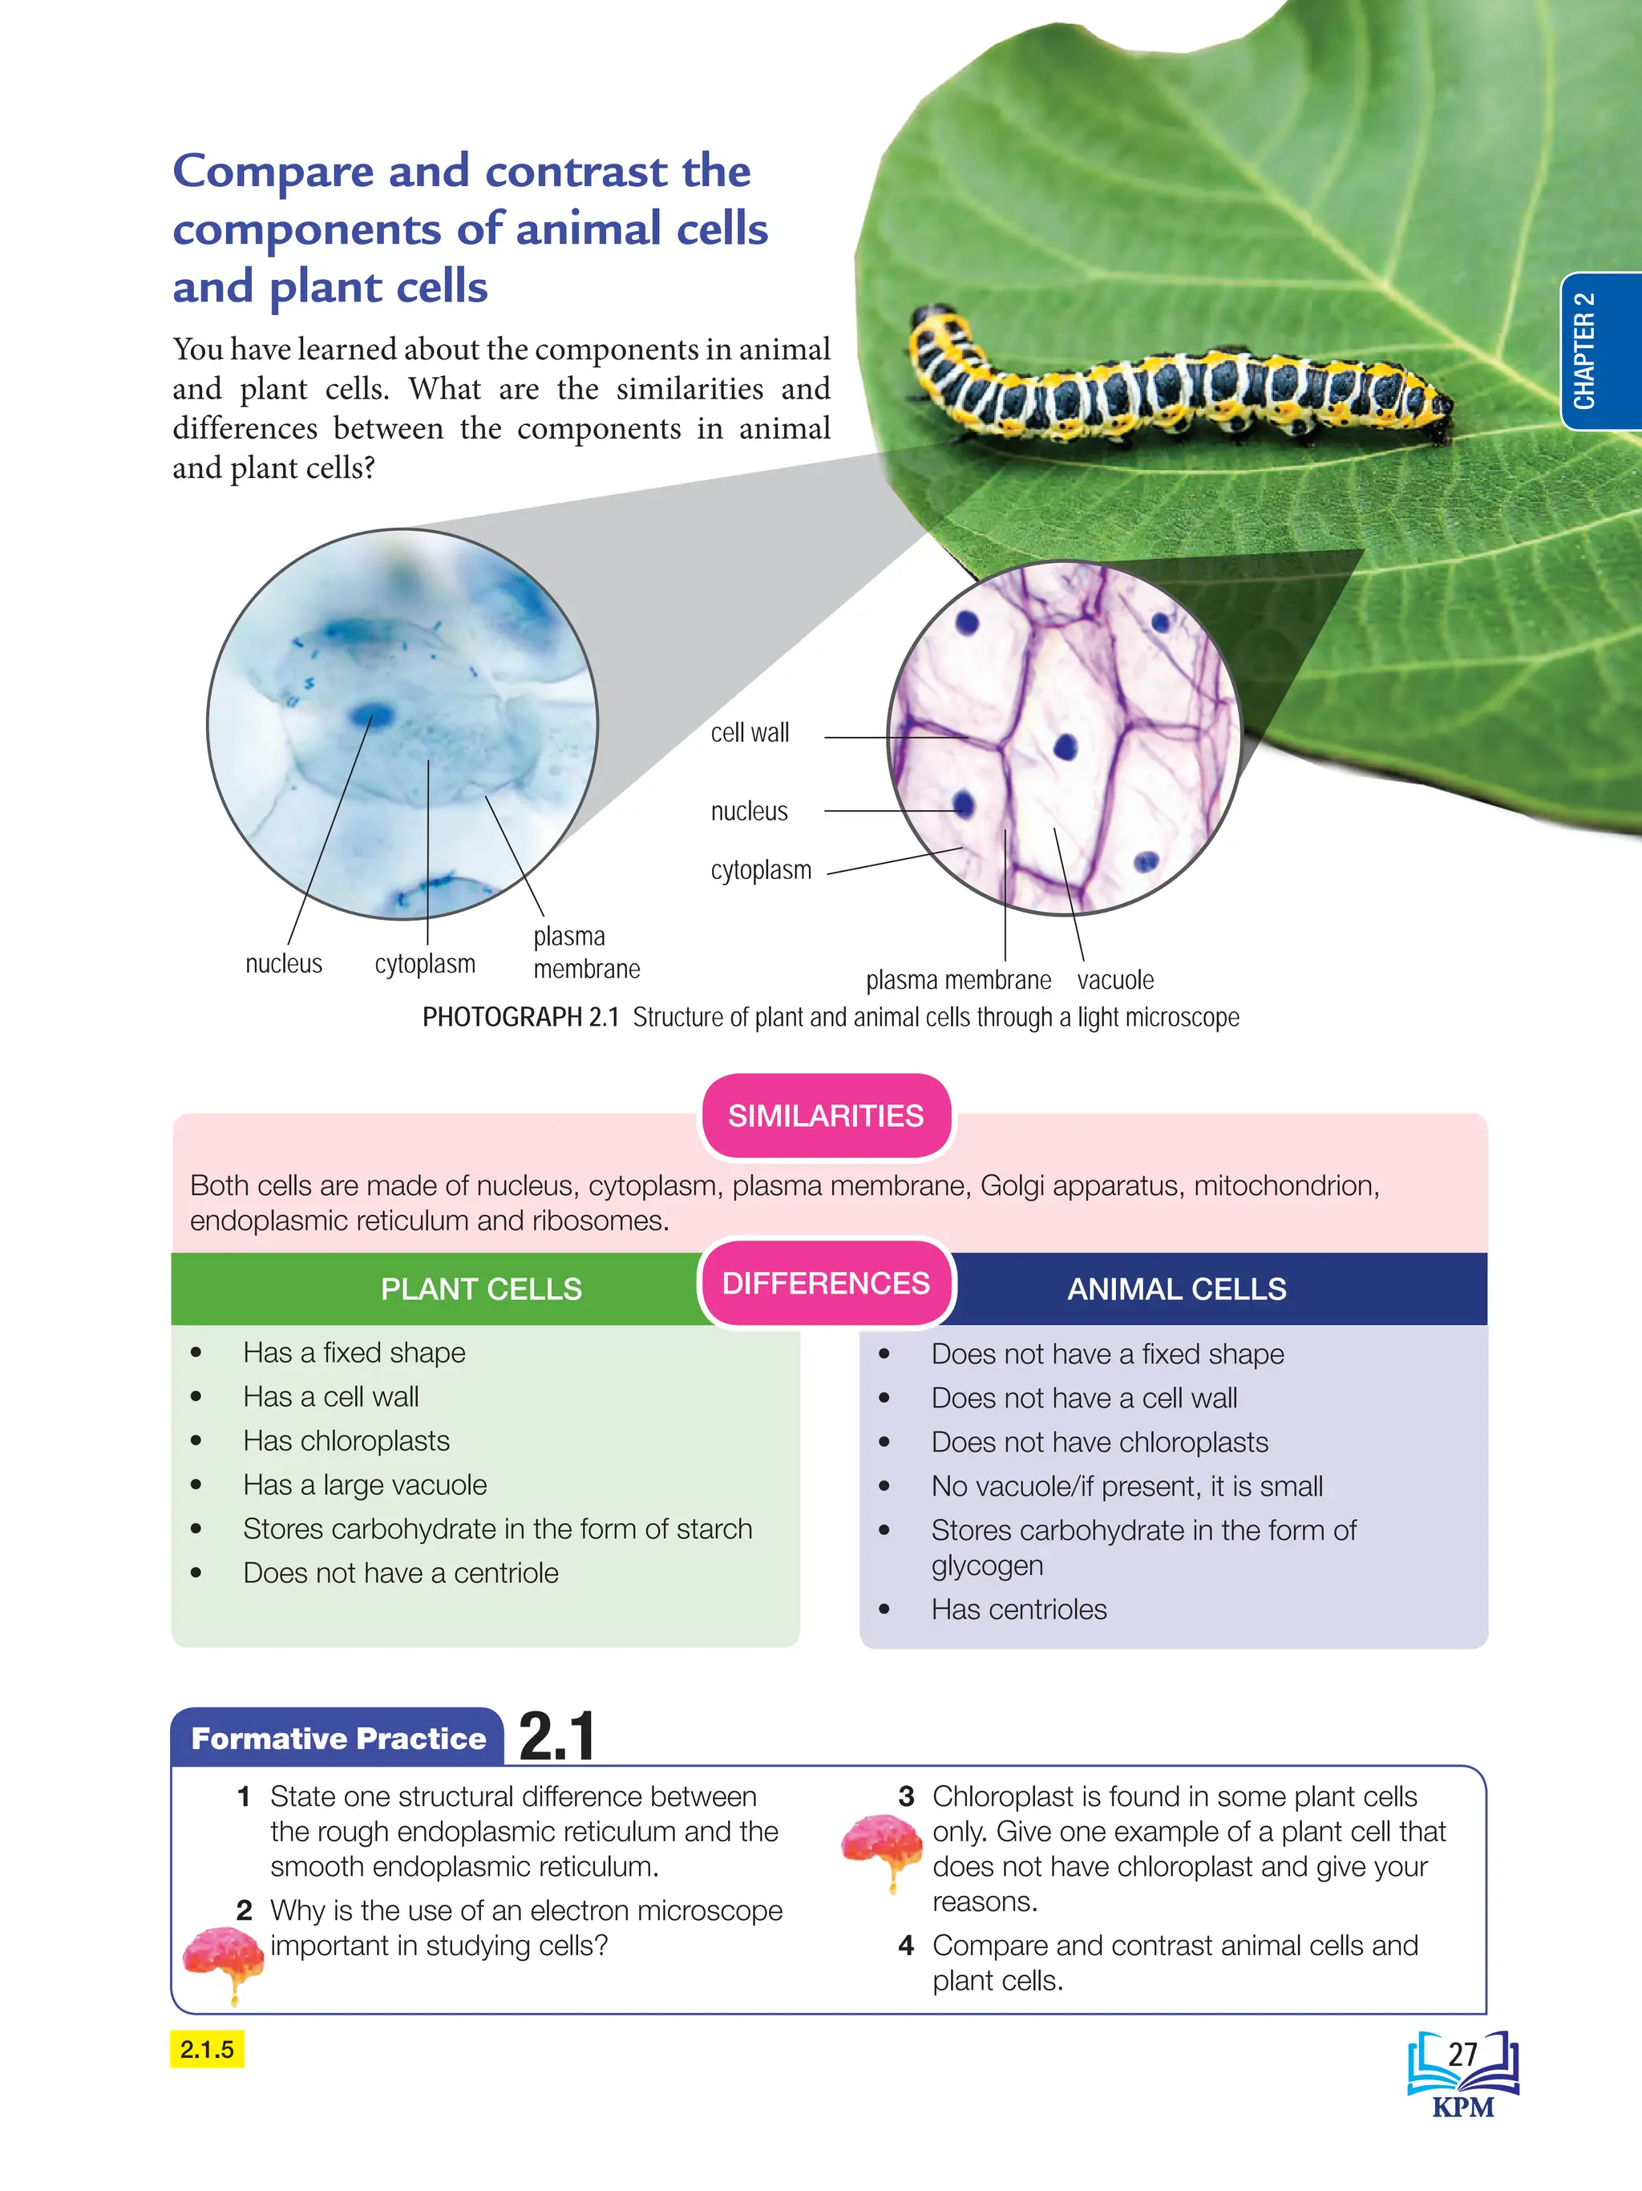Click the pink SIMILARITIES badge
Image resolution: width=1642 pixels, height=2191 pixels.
[x=826, y=1116]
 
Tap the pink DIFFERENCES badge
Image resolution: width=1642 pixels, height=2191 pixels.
[x=826, y=1284]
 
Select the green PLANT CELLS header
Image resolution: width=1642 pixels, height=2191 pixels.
[x=481, y=1289]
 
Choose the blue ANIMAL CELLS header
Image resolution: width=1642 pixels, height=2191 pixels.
[x=1176, y=1289]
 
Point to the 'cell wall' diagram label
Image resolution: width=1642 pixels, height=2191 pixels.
[x=750, y=733]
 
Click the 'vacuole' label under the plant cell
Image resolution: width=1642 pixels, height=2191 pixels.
[x=1115, y=981]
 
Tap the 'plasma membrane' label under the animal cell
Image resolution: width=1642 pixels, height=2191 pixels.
[x=586, y=953]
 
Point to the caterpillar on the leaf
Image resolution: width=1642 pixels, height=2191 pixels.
[x=1179, y=382]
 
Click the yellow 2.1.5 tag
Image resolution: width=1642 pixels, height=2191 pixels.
[x=207, y=2048]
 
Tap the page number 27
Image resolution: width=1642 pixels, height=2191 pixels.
[x=1462, y=2055]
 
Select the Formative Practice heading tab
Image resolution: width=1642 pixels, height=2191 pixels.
[x=338, y=1739]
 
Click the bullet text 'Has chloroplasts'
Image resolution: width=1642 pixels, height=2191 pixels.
[x=346, y=1441]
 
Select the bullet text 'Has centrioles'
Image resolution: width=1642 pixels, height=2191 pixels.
[x=1019, y=1610]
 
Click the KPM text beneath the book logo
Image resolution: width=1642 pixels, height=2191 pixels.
[x=1462, y=2106]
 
